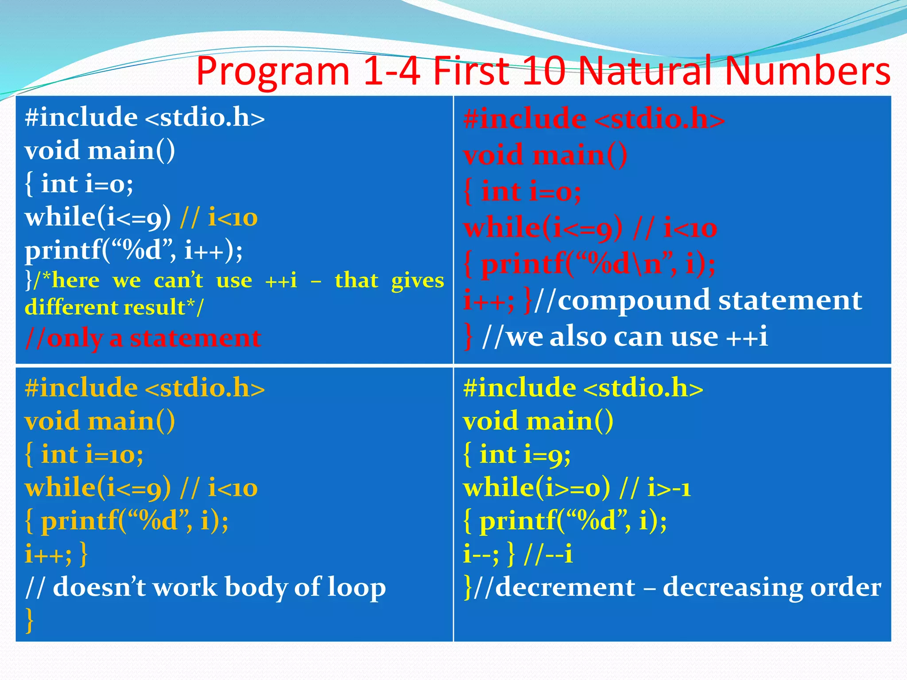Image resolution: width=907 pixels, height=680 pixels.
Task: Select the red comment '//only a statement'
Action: (143, 339)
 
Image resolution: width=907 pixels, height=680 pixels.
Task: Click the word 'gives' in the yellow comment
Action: (417, 281)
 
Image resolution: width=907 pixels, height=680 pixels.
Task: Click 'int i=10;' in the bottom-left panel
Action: (92, 455)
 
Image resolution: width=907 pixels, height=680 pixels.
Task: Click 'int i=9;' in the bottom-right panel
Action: (525, 455)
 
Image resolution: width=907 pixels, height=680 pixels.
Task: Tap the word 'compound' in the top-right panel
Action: (634, 301)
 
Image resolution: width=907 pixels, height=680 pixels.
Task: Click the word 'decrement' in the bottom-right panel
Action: (565, 587)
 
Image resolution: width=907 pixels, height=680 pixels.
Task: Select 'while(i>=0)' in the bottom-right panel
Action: (536, 488)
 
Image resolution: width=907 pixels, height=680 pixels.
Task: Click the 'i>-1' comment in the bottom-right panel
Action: (669, 488)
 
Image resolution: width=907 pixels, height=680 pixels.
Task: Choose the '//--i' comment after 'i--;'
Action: (548, 554)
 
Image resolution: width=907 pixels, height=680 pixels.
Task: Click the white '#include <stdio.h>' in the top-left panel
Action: (144, 117)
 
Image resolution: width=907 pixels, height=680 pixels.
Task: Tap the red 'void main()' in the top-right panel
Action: (545, 155)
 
